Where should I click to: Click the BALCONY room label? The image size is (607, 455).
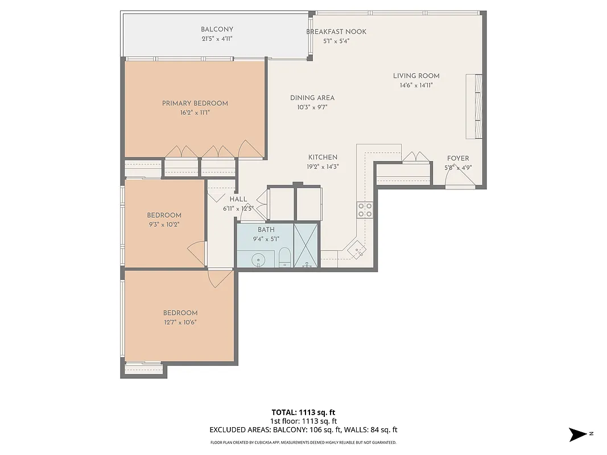[217, 30]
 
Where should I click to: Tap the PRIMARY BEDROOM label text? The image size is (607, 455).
[195, 103]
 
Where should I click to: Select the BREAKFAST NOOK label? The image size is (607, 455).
[336, 32]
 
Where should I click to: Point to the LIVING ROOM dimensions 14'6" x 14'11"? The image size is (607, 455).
[416, 86]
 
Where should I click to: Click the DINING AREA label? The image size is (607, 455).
[312, 98]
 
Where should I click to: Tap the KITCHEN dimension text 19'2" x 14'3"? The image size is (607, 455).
[323, 167]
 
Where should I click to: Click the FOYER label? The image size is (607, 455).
[458, 159]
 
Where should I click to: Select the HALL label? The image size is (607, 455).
[238, 199]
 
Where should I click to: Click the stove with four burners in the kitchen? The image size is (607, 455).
[365, 210]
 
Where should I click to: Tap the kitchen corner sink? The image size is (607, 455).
[357, 250]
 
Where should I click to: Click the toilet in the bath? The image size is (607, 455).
[285, 258]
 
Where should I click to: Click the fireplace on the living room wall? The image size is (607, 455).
[474, 106]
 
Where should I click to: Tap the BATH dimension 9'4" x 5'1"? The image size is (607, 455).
[266, 239]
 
